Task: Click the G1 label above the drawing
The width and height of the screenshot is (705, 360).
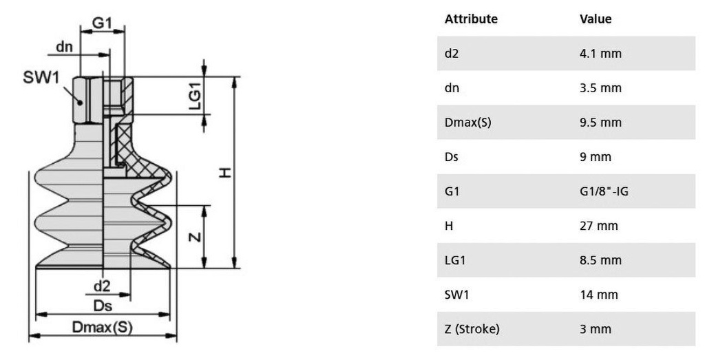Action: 103,23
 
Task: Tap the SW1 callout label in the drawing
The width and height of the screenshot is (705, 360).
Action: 41,78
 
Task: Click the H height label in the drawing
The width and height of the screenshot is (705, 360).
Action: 224,173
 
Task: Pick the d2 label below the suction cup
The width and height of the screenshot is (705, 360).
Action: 101,286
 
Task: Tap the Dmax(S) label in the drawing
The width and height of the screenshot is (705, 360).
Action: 103,328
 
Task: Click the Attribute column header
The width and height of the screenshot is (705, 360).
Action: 471,19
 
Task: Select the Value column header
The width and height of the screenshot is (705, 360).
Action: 596,19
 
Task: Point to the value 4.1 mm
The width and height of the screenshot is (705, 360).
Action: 600,54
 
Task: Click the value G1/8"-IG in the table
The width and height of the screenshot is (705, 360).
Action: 604,191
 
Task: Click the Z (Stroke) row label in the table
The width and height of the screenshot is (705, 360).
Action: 472,329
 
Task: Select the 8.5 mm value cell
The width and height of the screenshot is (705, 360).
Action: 600,260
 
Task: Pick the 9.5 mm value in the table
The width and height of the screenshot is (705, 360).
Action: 600,123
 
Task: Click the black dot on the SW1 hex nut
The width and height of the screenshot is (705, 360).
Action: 81,101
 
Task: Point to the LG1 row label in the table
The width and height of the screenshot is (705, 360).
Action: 454,260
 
